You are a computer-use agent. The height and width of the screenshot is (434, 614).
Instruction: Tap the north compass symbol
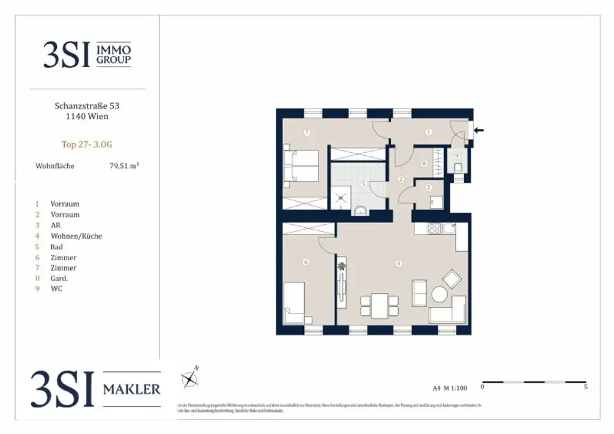(189, 378)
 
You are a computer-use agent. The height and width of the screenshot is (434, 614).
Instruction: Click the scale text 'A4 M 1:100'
(449, 387)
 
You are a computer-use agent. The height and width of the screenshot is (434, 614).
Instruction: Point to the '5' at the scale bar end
(585, 387)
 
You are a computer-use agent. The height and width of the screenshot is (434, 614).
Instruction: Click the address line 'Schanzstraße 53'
(87, 106)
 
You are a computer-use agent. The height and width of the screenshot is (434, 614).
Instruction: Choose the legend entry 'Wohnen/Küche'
(76, 236)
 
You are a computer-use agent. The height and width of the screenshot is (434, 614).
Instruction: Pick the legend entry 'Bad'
(57, 247)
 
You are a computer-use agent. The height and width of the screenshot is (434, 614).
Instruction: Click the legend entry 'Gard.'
(59, 278)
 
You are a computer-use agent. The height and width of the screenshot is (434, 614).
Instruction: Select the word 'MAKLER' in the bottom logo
(132, 389)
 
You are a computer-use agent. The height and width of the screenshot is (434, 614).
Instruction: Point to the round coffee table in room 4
(440, 295)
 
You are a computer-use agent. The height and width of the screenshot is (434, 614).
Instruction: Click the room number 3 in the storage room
(428, 188)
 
